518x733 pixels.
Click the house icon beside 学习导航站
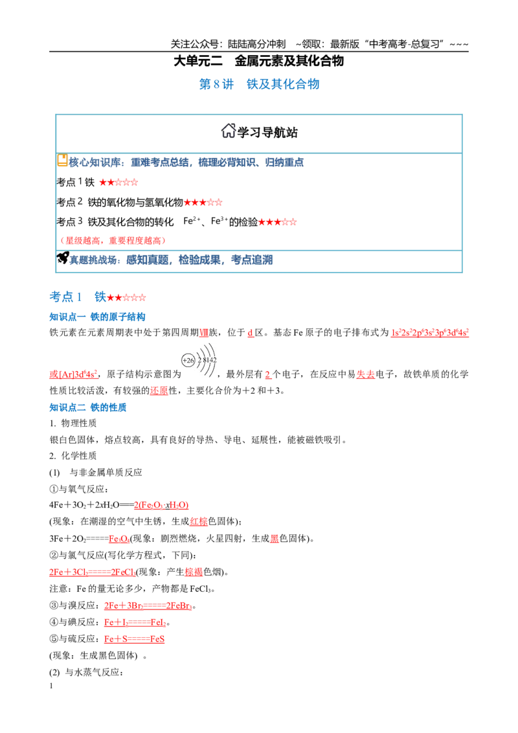pyautogui.click(x=228, y=131)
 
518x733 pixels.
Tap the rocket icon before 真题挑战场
pyautogui.click(x=63, y=258)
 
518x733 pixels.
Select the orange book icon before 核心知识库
pyautogui.click(x=62, y=161)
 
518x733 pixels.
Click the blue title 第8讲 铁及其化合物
pyautogui.click(x=260, y=84)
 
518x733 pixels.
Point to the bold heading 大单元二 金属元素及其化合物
pyautogui.click(x=259, y=62)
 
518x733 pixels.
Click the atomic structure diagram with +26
pyautogui.click(x=199, y=361)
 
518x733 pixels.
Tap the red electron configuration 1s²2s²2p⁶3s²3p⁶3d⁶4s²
pyautogui.click(x=430, y=333)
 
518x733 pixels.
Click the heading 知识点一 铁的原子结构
pyautogui.click(x=97, y=317)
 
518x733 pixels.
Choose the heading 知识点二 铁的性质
pyautogui.click(x=88, y=408)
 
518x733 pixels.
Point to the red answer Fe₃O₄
pyautogui.click(x=119, y=539)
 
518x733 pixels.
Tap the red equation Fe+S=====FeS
pyautogui.click(x=134, y=639)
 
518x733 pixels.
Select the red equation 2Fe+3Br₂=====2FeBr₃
pyautogui.click(x=148, y=606)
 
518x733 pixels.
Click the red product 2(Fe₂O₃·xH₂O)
pyautogui.click(x=161, y=505)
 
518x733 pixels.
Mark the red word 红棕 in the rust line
pyautogui.click(x=199, y=522)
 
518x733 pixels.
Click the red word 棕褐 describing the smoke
pyautogui.click(x=194, y=572)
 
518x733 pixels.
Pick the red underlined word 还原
pyautogui.click(x=159, y=391)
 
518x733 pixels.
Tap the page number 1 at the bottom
pyautogui.click(x=51, y=686)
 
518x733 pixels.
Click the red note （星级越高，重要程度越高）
pyautogui.click(x=112, y=241)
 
